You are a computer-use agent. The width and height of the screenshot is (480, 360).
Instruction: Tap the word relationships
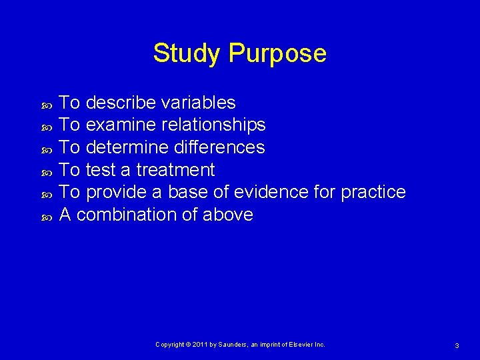(211, 125)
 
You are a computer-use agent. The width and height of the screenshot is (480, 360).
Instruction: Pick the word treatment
(175, 170)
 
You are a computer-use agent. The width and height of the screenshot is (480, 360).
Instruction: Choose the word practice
(373, 193)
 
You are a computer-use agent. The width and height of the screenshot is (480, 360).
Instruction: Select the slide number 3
(457, 345)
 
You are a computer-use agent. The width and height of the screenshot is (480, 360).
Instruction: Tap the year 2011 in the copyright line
(201, 345)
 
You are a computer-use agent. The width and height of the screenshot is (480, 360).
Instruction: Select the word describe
(121, 103)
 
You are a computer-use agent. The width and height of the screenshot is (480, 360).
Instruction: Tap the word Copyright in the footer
(170, 345)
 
